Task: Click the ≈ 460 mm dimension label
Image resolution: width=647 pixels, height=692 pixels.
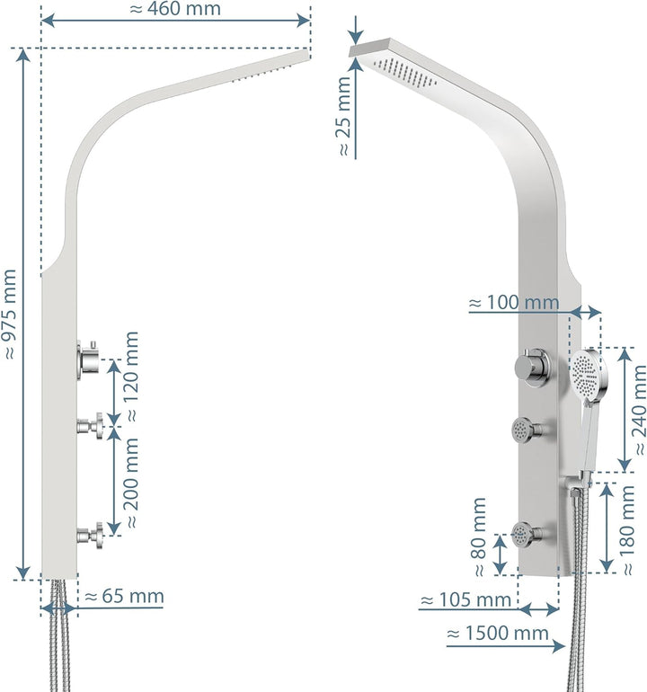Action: point(175,10)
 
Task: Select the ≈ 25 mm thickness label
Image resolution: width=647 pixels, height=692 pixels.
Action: point(342,118)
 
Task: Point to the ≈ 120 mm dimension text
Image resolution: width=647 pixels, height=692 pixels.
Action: point(133,377)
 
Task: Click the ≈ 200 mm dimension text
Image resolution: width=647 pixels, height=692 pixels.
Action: point(133,483)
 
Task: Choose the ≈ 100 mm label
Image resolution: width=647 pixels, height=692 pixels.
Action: point(513,303)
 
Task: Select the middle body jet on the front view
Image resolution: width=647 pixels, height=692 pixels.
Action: point(525,430)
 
